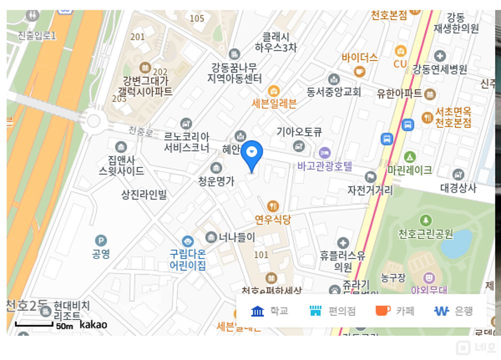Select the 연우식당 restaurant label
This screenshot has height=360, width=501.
click(x=272, y=219)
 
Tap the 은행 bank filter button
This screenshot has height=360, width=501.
click(x=453, y=311)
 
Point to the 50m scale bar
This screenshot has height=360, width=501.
click(x=34, y=324)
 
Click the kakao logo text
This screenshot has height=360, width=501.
click(x=93, y=324)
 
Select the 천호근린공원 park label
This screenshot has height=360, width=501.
click(x=425, y=233)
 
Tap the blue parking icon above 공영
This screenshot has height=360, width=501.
click(x=101, y=240)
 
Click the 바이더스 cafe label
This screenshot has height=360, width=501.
click(x=360, y=57)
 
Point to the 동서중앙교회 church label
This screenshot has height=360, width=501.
click(x=334, y=92)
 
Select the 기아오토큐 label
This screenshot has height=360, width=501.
click(x=299, y=132)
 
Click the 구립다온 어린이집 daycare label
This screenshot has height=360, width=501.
click(x=187, y=259)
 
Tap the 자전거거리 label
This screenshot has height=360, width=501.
click(x=370, y=190)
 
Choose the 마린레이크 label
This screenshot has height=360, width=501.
click(x=409, y=170)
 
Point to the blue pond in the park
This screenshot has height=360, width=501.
click(x=456, y=243)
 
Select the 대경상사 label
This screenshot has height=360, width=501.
click(x=458, y=188)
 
